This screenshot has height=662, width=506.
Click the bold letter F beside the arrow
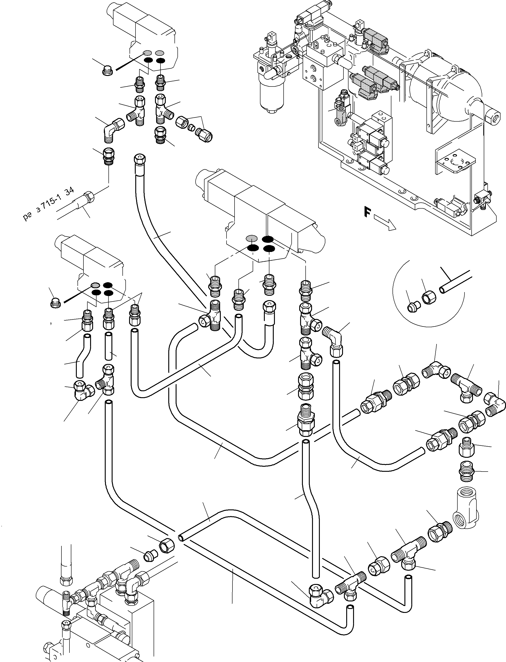(367, 212)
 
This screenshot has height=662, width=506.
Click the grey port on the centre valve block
(252, 238)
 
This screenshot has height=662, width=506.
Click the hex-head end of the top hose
(140, 159)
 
